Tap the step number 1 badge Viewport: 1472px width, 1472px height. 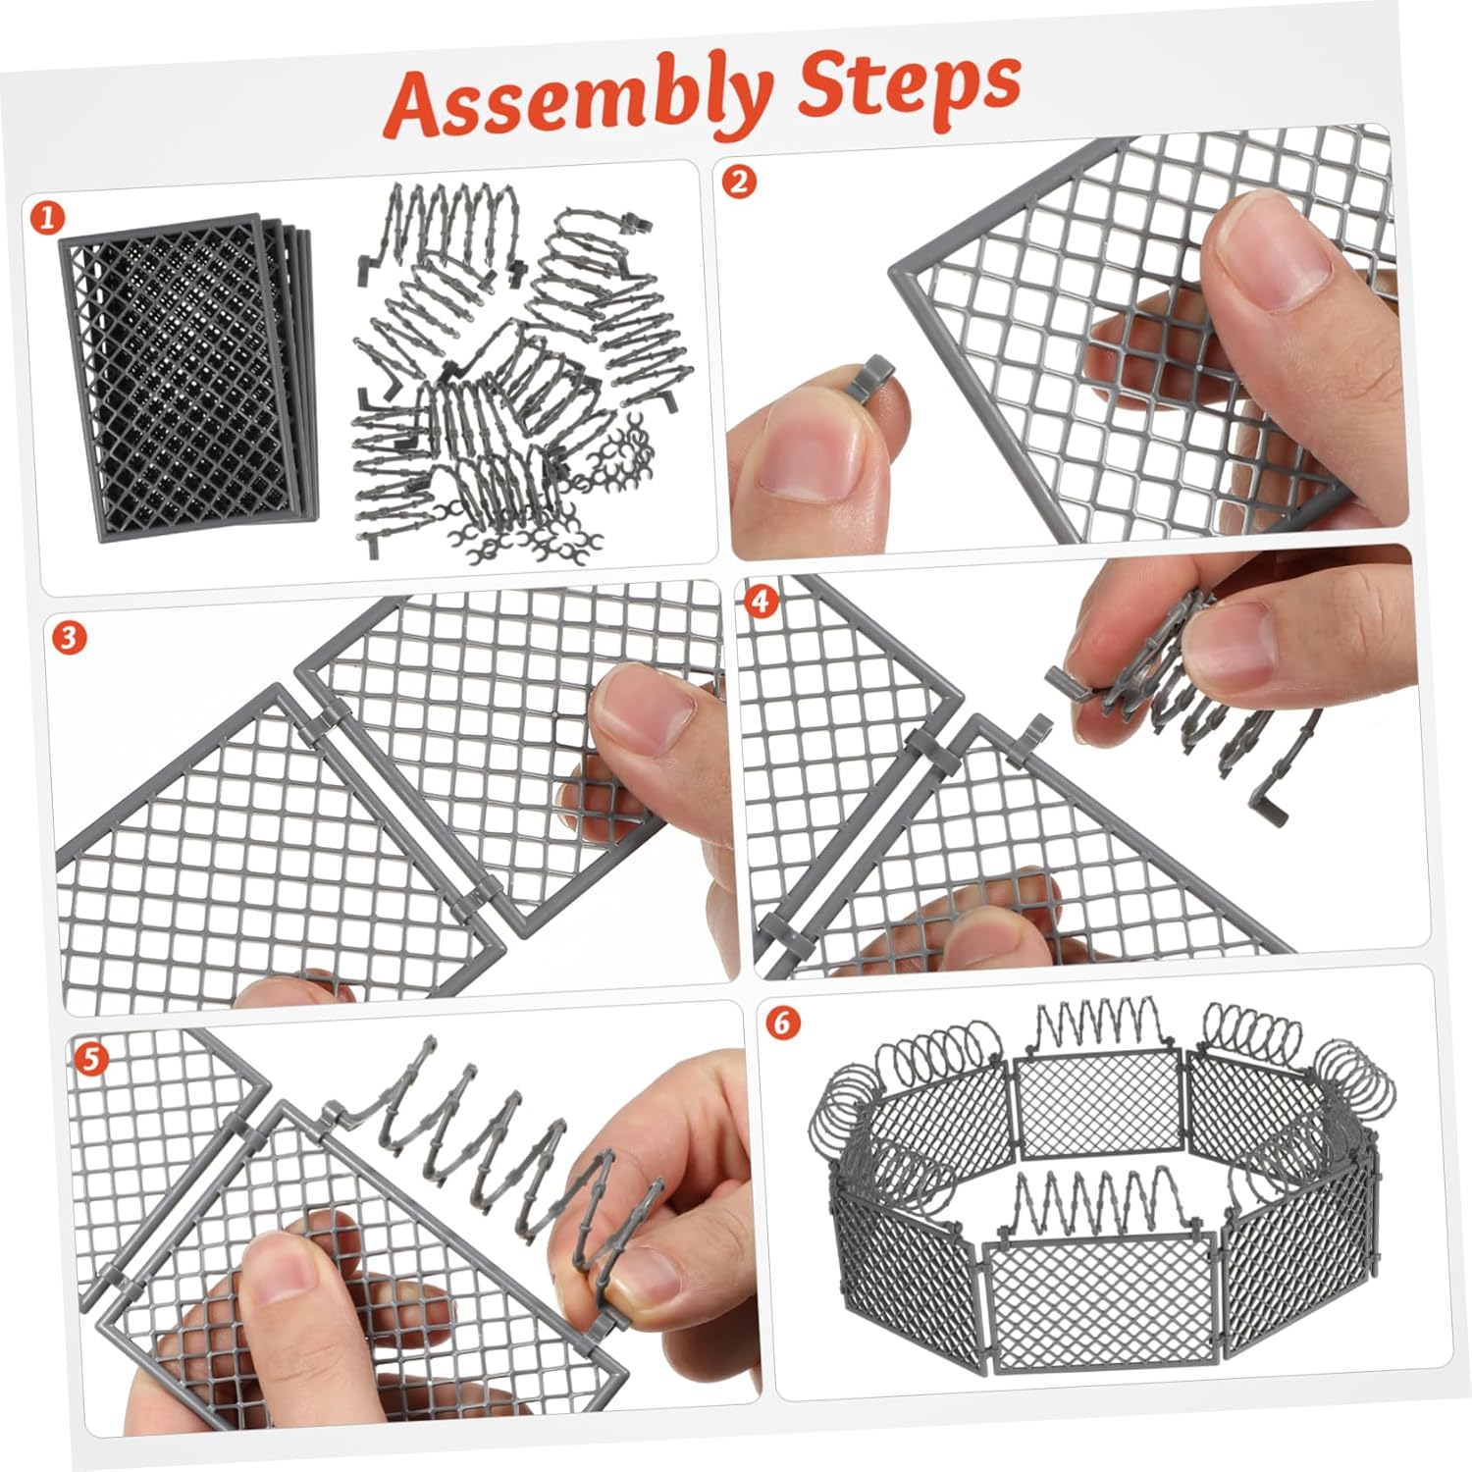[45, 218]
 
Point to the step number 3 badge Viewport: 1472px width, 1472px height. [68, 638]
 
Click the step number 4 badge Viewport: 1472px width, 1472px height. [762, 600]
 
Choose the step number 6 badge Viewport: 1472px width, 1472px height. [782, 1023]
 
